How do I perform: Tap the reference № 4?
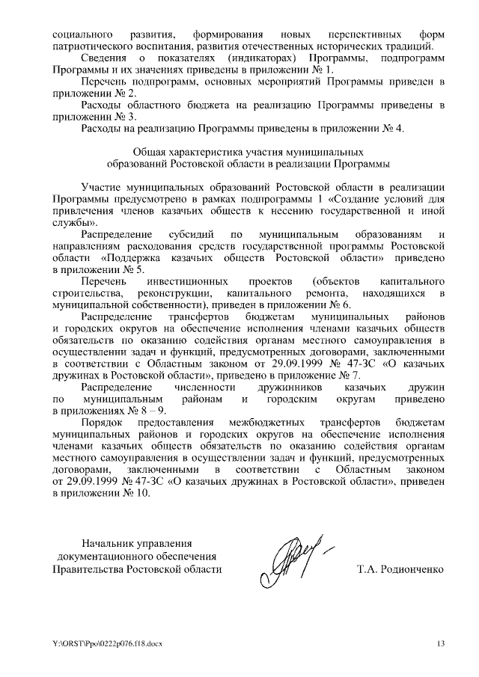[x=395, y=128]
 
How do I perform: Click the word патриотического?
[x=94, y=46]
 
